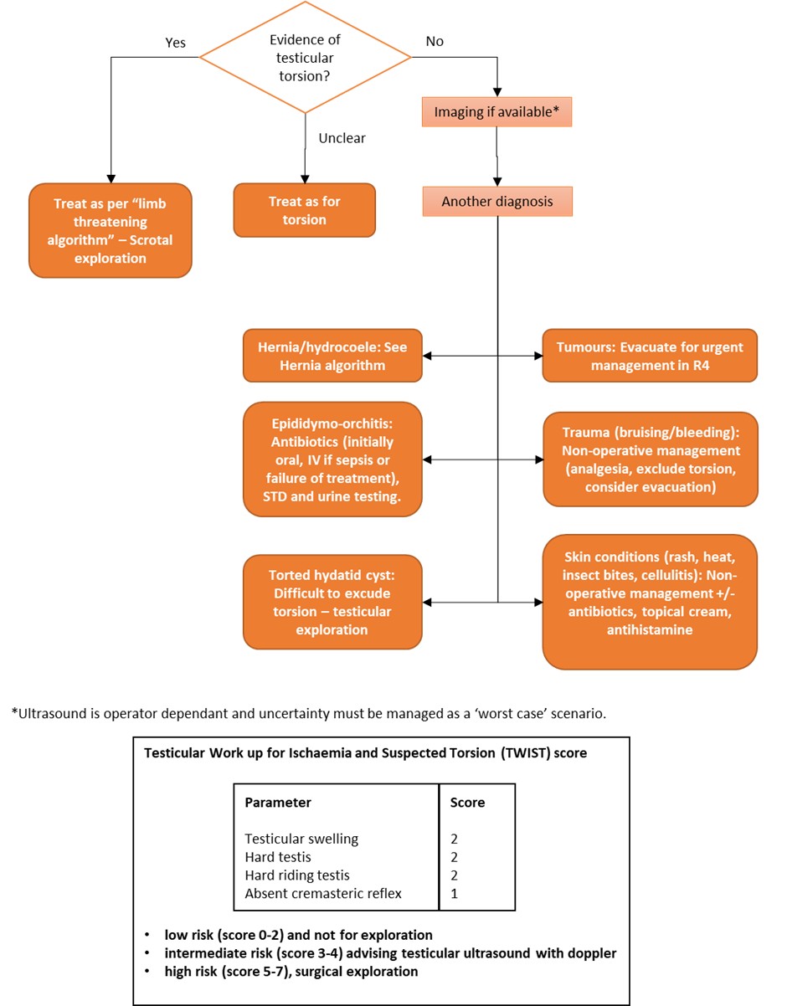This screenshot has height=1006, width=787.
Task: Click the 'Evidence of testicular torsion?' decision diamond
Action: [305, 58]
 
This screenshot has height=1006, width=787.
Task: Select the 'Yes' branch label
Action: [176, 43]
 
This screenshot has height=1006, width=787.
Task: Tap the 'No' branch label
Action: [435, 41]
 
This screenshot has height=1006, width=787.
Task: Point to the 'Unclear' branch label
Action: [342, 138]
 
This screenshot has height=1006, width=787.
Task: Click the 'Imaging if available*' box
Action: [496, 111]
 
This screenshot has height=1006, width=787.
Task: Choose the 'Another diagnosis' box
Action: [497, 202]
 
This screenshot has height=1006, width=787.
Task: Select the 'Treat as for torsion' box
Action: [304, 210]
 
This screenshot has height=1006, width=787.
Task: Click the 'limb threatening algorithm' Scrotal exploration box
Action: [111, 230]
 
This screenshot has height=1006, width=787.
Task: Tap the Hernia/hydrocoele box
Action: [332, 356]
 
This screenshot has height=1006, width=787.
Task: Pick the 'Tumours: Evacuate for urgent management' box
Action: [650, 356]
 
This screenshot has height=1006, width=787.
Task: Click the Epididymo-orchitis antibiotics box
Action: [332, 459]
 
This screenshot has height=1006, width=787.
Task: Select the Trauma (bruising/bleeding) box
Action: [651, 459]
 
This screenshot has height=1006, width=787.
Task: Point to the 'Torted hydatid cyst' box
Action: [332, 602]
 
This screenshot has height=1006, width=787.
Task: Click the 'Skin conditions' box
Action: [650, 602]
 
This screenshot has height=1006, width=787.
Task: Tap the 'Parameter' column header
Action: [278, 803]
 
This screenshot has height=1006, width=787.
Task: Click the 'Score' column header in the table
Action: [467, 803]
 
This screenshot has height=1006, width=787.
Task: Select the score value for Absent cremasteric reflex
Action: [454, 894]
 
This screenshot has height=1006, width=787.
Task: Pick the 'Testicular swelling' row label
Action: [301, 839]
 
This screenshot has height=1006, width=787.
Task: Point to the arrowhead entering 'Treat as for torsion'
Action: [305, 179]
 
